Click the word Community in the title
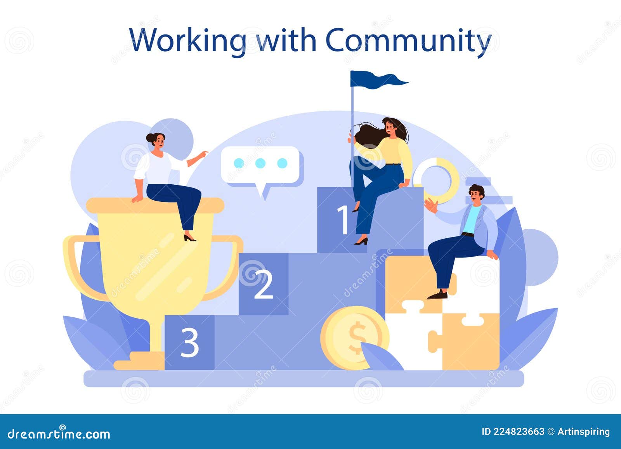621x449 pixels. (408, 40)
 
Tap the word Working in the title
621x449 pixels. (188, 40)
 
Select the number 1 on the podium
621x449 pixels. (343, 220)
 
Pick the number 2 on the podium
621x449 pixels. (263, 284)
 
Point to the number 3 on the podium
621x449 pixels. (190, 342)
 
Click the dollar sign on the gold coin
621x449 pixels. (357, 338)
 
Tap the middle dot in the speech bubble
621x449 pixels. (260, 163)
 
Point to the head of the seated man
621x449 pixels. (476, 195)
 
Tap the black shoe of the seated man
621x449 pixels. (438, 295)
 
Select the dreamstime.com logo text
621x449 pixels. (59, 434)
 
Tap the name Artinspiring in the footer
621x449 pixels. (583, 432)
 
